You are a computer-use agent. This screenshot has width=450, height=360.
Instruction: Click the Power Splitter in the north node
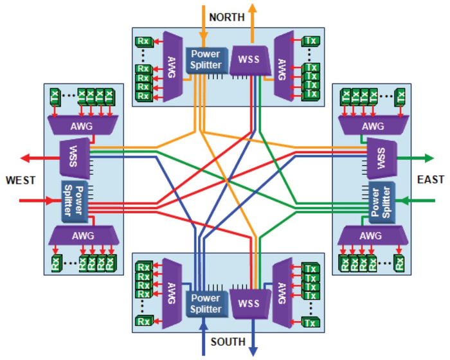[x=205, y=60]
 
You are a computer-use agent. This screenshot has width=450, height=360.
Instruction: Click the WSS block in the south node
[x=248, y=302]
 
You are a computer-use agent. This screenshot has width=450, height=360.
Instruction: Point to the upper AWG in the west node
[x=83, y=126]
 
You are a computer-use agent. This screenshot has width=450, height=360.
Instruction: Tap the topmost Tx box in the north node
[x=310, y=42]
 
